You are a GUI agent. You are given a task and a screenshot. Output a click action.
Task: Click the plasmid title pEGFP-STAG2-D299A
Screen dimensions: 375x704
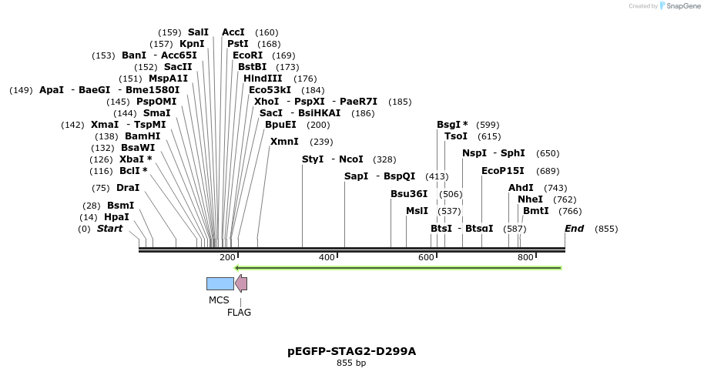[351, 351]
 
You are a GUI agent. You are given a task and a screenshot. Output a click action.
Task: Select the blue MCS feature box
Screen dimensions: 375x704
[220, 283]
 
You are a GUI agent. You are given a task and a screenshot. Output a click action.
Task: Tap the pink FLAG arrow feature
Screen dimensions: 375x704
[241, 283]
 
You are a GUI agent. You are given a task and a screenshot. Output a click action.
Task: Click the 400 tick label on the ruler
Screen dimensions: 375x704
[327, 257]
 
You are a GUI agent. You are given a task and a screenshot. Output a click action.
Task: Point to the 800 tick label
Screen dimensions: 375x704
[525, 257]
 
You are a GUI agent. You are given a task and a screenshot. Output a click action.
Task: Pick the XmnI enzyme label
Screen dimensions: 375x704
[284, 142]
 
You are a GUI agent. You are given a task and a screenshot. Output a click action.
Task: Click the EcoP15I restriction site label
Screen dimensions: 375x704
[502, 171]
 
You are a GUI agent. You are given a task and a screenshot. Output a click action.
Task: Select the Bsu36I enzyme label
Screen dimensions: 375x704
[409, 194]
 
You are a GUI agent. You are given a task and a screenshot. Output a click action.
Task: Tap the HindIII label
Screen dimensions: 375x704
[263, 79]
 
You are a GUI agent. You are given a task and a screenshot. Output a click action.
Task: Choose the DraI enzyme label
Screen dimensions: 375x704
[128, 188]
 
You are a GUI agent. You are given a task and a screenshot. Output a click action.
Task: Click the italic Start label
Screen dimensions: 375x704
[109, 229]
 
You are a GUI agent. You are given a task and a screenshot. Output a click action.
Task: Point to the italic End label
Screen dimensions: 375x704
[574, 229]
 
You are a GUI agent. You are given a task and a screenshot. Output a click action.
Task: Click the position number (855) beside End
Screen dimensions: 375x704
[606, 229]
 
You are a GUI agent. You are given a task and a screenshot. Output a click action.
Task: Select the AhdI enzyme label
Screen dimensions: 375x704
[521, 188]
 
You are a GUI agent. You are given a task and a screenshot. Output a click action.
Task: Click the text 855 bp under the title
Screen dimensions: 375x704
[351, 363]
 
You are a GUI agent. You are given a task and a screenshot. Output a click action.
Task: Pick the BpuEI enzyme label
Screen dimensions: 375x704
[280, 125]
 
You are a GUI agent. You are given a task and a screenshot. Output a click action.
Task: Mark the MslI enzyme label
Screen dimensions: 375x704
[417, 211]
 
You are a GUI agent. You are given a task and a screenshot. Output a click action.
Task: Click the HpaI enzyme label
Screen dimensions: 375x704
[116, 217]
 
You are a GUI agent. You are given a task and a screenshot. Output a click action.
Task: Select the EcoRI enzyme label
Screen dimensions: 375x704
[248, 55]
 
